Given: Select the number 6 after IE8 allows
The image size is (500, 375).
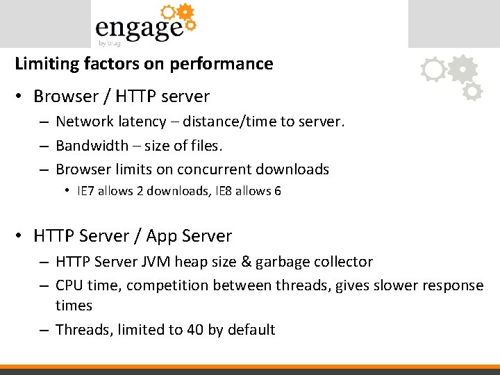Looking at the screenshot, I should pos(277,191).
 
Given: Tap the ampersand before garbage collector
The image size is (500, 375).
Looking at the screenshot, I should pos(253,262).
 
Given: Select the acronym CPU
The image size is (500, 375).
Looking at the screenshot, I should pos(69,285).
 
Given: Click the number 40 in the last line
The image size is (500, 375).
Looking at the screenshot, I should pos(195,330).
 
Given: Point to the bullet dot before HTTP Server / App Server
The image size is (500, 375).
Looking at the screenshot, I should pos(21,237).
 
